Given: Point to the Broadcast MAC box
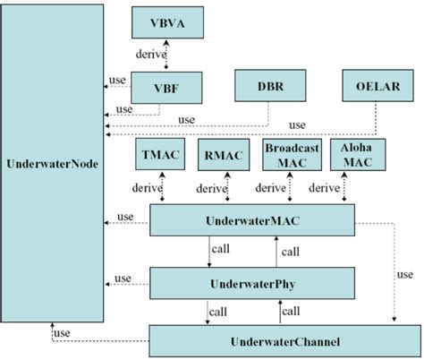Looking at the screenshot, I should (287, 155).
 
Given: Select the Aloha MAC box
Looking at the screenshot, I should (351, 155).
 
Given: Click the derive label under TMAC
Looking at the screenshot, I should (145, 189).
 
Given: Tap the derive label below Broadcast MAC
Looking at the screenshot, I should (270, 189).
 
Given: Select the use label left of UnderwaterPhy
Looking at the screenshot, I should (124, 279).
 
